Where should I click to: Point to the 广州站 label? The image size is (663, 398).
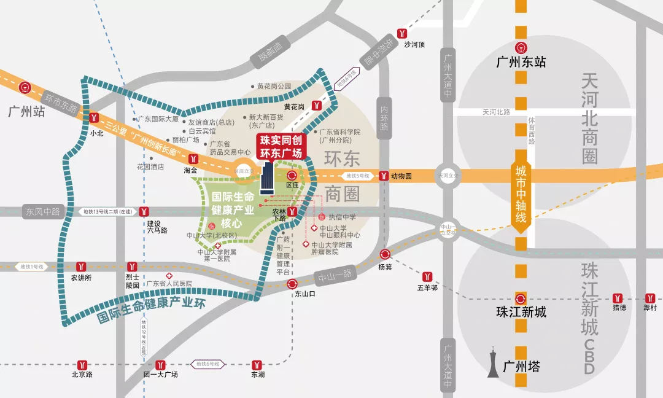(x=27, y=112)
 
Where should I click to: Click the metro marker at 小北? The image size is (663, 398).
(x=94, y=118)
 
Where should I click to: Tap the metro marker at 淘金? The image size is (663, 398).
(x=194, y=158)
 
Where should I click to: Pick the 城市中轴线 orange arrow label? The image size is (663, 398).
(x=521, y=193)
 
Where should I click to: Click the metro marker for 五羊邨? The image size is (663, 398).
(x=427, y=276)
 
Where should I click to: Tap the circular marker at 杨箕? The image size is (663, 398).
(x=385, y=255)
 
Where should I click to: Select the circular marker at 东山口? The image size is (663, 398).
(x=292, y=283)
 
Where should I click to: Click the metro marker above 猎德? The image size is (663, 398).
(x=618, y=298)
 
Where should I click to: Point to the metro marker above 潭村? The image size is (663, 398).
(x=649, y=298)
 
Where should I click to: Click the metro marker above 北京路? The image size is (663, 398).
(x=82, y=364)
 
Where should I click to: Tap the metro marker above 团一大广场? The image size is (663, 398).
(x=160, y=364)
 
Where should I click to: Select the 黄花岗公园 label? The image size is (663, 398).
(x=274, y=86)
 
